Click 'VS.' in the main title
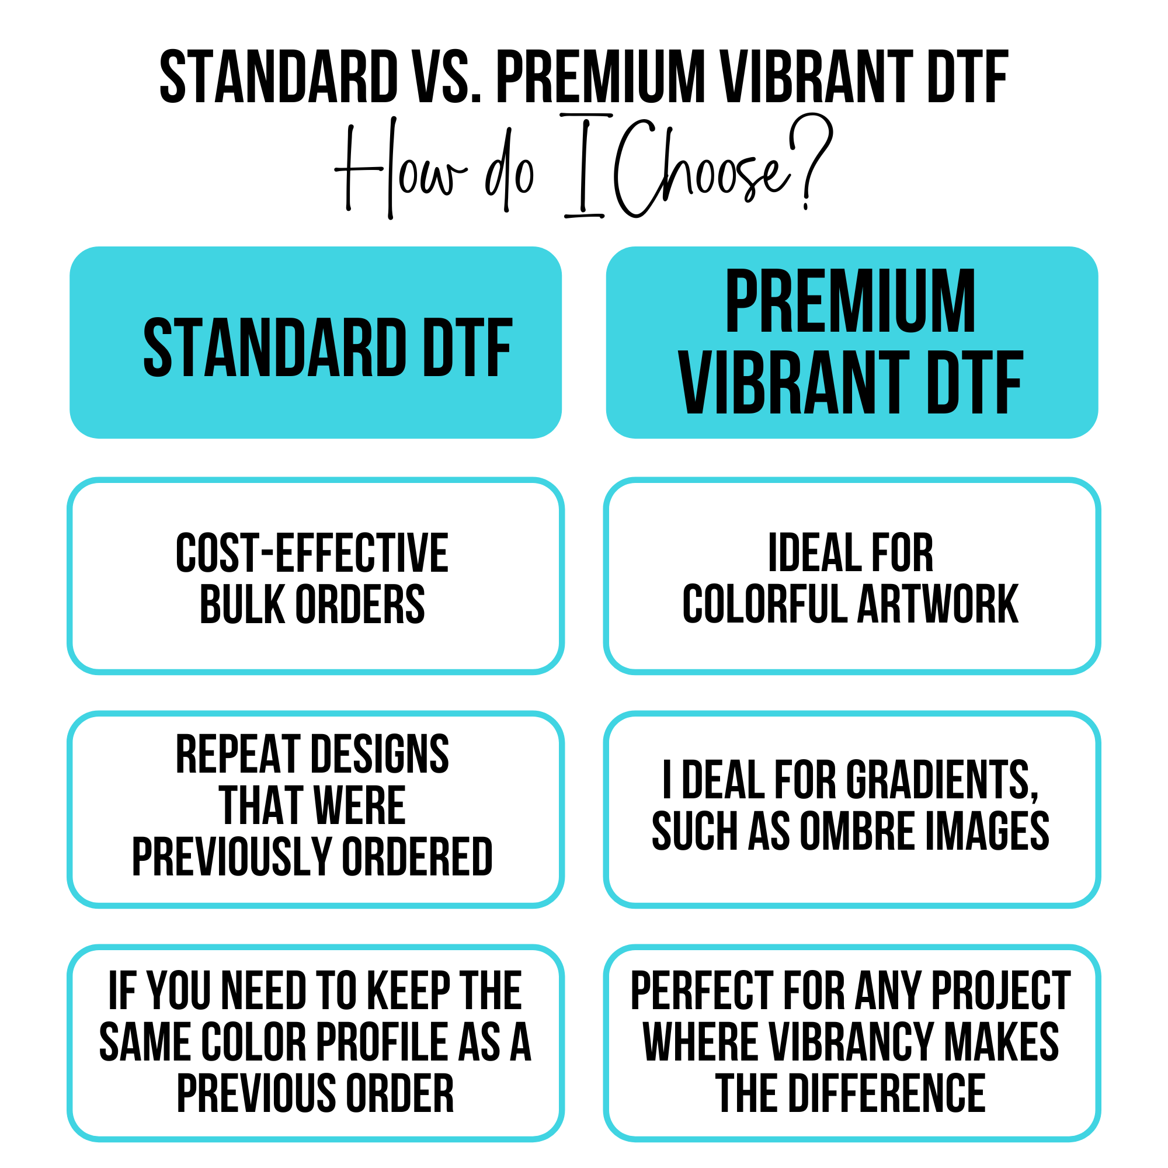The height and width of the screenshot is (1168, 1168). point(446,78)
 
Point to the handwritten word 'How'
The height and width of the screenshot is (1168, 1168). point(399,169)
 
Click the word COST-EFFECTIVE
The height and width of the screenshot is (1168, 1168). point(312,552)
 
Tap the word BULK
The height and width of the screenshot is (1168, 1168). point(242,604)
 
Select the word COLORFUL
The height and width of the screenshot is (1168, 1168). point(765,604)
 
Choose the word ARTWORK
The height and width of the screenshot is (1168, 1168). point(938,604)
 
